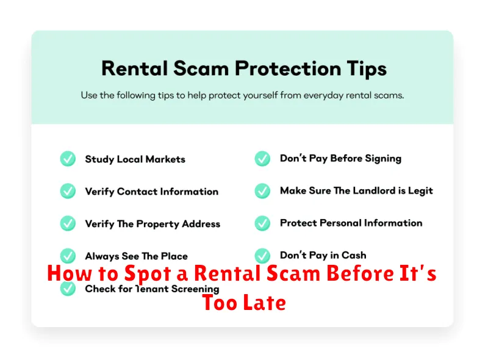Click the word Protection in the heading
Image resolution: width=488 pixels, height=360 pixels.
288,68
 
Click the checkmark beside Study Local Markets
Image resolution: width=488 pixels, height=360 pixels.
68,159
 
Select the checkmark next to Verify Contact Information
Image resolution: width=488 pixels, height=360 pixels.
68,191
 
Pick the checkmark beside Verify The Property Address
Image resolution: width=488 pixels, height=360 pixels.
68,223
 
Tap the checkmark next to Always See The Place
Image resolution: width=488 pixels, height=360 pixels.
68,256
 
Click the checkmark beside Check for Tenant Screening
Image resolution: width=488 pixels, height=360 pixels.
68,288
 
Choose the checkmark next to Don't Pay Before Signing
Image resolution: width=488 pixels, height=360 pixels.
262,159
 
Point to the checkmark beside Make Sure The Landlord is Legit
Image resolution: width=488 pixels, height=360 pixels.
262,191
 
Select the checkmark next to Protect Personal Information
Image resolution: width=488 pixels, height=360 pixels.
262,223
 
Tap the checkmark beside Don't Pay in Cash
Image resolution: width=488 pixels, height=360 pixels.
262,256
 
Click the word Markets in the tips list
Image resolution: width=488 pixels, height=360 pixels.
165,159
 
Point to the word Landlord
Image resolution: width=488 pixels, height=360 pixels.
374,190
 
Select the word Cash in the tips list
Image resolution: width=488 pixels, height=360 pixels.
354,255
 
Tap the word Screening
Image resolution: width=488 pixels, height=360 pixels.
195,289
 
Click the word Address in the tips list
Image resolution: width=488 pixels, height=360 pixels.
201,223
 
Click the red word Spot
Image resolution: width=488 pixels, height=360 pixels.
148,274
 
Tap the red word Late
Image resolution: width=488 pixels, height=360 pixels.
265,303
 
